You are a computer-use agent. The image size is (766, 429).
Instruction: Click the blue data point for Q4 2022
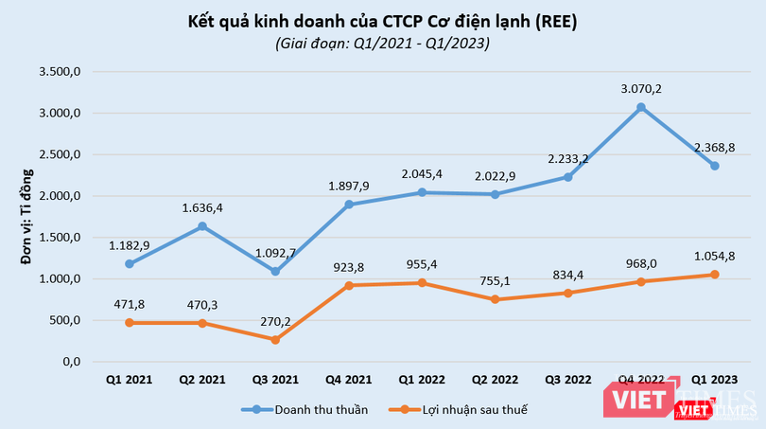click(x=640, y=107)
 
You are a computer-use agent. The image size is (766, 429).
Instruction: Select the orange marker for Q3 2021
click(x=275, y=340)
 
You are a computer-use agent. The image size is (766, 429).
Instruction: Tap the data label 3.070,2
click(x=640, y=88)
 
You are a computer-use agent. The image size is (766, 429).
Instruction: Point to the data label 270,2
click(x=275, y=321)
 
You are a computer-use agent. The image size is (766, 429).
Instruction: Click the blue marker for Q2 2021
click(x=202, y=226)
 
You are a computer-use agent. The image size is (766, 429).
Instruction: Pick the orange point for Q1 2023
click(x=715, y=275)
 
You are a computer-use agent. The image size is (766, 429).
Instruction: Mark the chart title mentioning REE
click(x=383, y=20)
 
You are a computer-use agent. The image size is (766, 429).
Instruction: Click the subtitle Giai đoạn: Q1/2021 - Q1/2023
click(x=383, y=43)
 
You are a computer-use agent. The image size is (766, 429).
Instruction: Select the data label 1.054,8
click(x=715, y=256)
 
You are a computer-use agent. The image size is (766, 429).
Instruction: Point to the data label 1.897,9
click(x=349, y=185)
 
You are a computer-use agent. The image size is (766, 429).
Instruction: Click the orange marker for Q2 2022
click(x=495, y=299)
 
